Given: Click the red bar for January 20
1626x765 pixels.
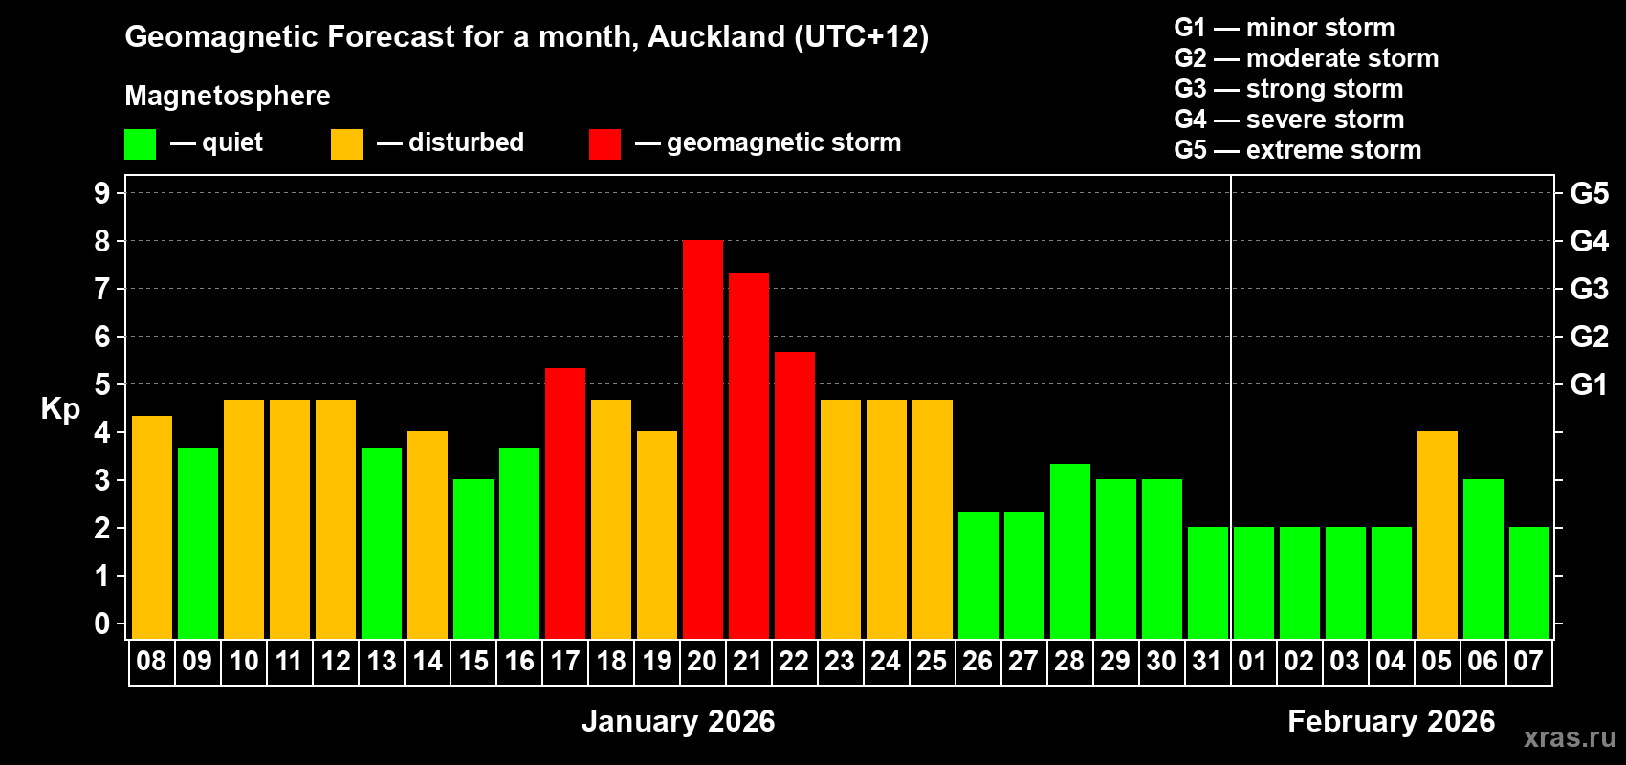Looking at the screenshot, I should (x=702, y=440).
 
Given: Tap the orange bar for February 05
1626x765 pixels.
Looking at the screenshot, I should (x=1437, y=535).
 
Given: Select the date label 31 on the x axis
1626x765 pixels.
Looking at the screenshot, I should (x=1207, y=661).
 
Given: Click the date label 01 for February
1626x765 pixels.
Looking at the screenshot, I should (x=1253, y=661).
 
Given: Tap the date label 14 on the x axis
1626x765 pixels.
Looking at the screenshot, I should (x=427, y=661).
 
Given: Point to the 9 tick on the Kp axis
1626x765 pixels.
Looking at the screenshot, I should (x=102, y=193).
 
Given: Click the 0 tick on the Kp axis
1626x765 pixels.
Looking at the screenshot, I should (x=102, y=623).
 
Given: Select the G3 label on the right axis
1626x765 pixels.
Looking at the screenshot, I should (x=1589, y=289).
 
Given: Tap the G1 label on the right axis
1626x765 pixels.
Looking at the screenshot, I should (x=1589, y=384).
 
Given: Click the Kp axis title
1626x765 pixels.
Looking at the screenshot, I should (x=60, y=408).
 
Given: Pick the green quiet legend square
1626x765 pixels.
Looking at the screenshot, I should (x=140, y=144).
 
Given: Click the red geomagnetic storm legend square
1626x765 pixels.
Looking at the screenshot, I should (x=604, y=144).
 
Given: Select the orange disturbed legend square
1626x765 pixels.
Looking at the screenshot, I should (x=346, y=144).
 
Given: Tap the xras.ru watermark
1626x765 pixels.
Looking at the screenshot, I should (x=1570, y=736).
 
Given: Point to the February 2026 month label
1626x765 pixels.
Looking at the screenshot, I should (x=1391, y=721).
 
